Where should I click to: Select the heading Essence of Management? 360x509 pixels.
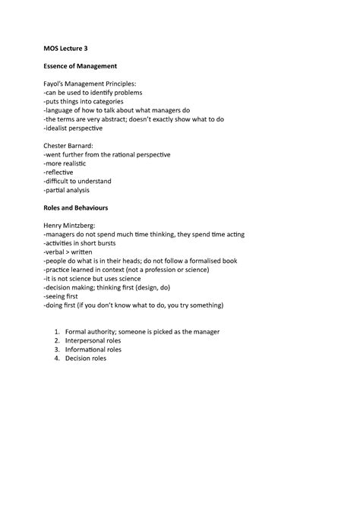(84, 66)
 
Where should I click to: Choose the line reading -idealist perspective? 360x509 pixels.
(74, 128)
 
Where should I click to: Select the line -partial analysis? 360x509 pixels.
(68, 190)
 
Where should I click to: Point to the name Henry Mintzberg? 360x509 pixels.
(75, 226)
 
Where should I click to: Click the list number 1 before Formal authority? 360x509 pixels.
(55, 332)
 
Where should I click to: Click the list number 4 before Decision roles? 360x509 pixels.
(55, 359)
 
